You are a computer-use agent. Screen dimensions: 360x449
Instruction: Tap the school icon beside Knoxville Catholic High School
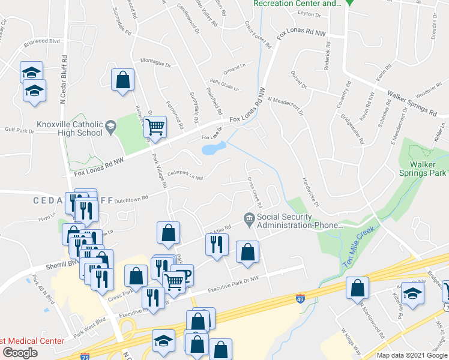[110, 126]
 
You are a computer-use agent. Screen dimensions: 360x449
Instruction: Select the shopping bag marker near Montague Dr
[122, 80]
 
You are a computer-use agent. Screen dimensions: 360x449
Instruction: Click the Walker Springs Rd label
[412, 102]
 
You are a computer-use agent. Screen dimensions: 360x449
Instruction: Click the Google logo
[20, 353]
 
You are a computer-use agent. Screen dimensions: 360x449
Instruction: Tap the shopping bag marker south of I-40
[358, 288]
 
